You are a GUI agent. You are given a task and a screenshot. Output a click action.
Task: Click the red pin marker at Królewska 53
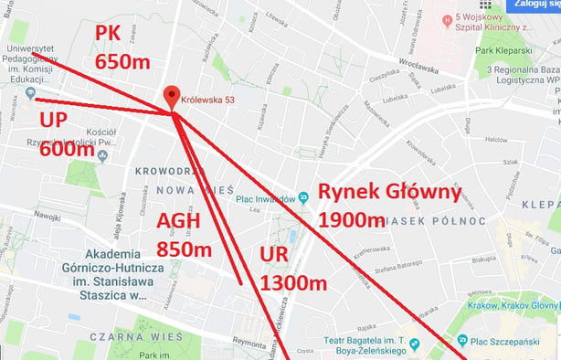(x=171, y=98)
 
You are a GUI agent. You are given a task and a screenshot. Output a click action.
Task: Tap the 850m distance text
(x=185, y=249)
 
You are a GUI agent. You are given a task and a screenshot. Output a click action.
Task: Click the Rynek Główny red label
(x=389, y=192)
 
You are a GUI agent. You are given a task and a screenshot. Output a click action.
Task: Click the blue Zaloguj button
(x=536, y=5)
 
